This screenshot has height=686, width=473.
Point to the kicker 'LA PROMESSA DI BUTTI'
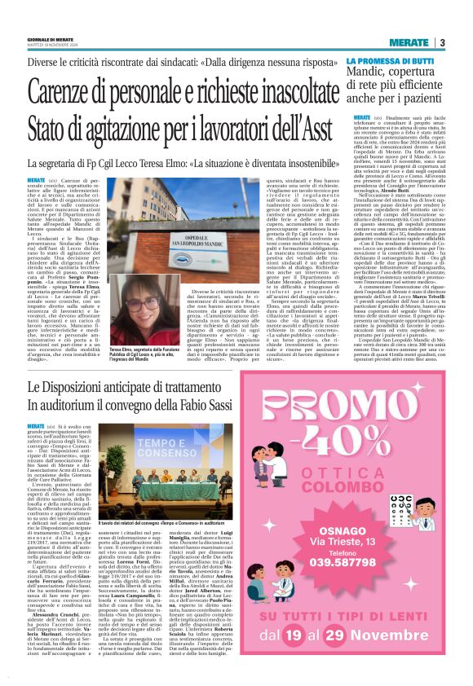tap(390, 61)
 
